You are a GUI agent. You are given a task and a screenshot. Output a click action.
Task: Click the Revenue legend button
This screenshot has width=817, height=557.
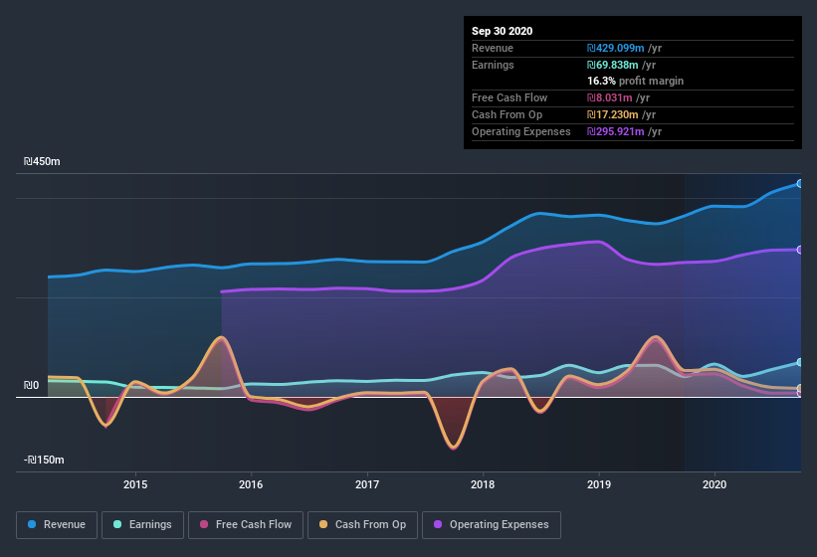pos(57,524)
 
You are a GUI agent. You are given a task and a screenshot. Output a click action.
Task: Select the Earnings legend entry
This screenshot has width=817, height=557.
pos(142,524)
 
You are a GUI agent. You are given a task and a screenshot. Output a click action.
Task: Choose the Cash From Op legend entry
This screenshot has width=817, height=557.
pos(362,524)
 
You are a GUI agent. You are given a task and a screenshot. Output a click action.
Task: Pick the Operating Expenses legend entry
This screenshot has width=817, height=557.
pos(492,524)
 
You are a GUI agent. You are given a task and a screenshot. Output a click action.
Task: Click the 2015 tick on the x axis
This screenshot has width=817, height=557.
pos(135,484)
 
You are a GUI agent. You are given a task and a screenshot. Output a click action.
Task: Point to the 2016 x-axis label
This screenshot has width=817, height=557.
pos(251,484)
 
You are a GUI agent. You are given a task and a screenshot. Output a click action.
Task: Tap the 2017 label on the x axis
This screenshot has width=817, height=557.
pos(367,484)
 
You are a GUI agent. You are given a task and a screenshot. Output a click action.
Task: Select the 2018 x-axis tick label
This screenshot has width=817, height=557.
pos(483,484)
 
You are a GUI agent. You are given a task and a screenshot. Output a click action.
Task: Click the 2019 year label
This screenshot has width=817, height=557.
pos(599,484)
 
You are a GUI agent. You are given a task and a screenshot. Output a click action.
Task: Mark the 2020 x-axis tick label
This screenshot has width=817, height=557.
pos(715,484)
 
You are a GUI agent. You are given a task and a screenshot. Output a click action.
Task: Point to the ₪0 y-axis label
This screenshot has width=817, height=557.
pos(31,385)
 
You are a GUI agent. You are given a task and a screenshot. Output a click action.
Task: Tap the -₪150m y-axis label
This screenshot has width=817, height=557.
pos(45,460)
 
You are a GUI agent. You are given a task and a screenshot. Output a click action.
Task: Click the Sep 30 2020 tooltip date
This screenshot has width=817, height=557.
pos(503,31)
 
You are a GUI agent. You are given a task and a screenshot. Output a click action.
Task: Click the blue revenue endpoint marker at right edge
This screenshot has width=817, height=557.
pos(799,183)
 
